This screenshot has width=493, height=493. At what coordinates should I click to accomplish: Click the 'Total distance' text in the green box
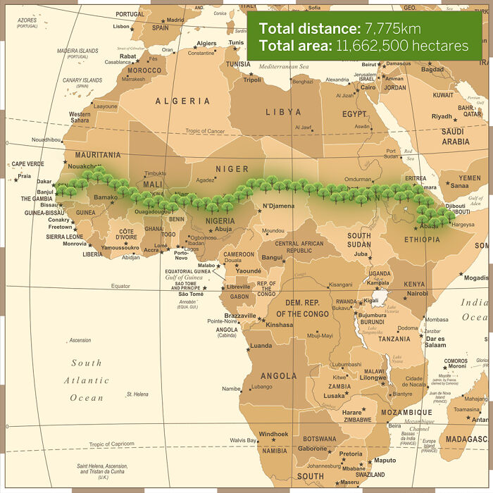click(x=309, y=29)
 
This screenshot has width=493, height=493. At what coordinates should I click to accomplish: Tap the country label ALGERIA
click(x=182, y=101)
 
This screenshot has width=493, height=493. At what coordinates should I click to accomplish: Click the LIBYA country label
click(x=283, y=112)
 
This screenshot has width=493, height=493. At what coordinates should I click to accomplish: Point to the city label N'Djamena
click(x=277, y=206)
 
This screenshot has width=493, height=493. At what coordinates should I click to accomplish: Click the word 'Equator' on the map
click(x=120, y=286)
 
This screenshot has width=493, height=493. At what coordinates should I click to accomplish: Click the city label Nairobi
click(x=417, y=293)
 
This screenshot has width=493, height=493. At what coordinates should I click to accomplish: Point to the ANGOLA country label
click(x=278, y=375)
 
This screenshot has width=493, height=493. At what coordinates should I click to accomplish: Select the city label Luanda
click(x=261, y=346)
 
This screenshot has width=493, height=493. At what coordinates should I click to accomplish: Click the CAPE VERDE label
click(x=27, y=164)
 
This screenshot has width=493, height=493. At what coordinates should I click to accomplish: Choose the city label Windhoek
click(x=273, y=434)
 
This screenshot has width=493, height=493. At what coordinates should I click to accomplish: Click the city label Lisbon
click(x=121, y=27)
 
